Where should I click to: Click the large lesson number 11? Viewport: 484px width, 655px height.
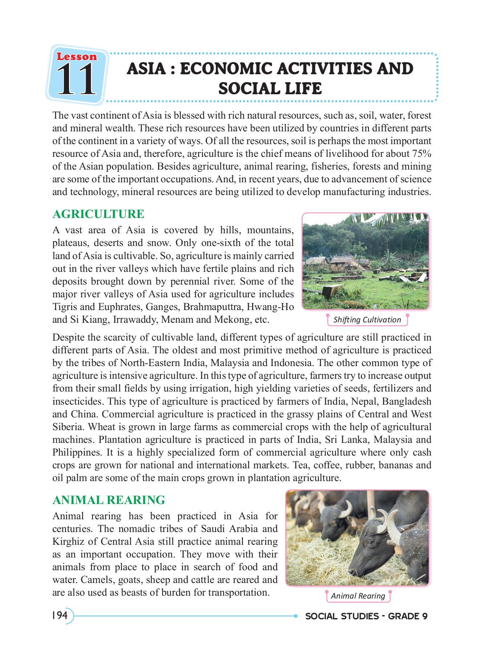[x=76, y=79]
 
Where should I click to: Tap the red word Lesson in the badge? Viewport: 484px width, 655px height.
[x=77, y=57]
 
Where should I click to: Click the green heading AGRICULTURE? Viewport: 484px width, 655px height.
[x=98, y=214]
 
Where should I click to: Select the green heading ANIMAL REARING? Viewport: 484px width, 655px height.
[x=109, y=500]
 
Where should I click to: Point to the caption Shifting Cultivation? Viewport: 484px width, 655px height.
[x=367, y=320]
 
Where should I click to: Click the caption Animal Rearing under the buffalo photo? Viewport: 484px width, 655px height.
[x=358, y=596]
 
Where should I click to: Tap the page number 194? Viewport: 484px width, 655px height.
[x=60, y=615]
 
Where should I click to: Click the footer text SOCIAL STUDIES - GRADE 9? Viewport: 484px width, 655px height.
[x=366, y=616]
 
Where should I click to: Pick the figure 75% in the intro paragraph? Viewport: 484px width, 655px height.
[x=422, y=154]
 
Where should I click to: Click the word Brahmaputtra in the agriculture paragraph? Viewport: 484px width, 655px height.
[x=213, y=307]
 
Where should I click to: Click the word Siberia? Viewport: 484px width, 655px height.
[x=67, y=427]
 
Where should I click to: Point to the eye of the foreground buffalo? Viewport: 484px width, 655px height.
[x=370, y=543]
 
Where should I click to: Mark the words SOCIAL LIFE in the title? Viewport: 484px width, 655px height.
[x=270, y=89]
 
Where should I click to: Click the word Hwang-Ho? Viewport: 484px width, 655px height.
[x=270, y=307]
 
